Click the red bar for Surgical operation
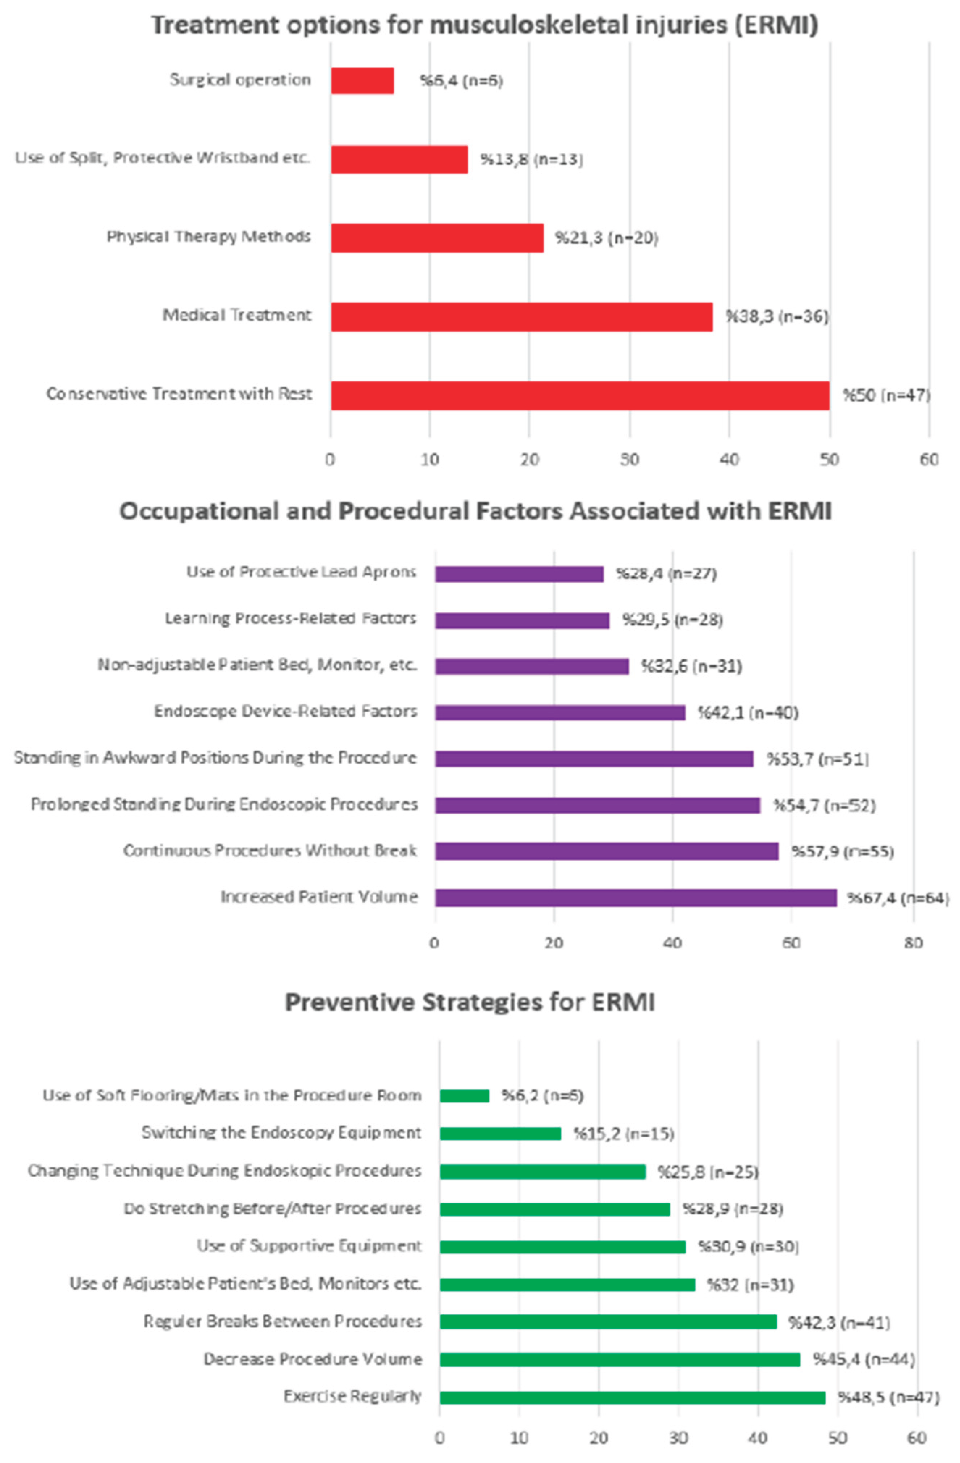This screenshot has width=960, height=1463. click(362, 80)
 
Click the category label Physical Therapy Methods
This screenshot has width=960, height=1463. click(209, 237)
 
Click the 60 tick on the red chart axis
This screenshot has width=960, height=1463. click(928, 459)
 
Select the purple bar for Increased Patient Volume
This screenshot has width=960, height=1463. click(635, 898)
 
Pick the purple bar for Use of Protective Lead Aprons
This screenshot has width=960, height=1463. click(519, 574)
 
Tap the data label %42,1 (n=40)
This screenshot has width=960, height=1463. click(747, 712)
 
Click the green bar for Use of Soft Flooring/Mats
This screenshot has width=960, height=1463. click(464, 1096)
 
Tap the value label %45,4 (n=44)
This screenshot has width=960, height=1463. click(863, 1359)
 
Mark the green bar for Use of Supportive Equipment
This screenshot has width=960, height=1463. click(562, 1247)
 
